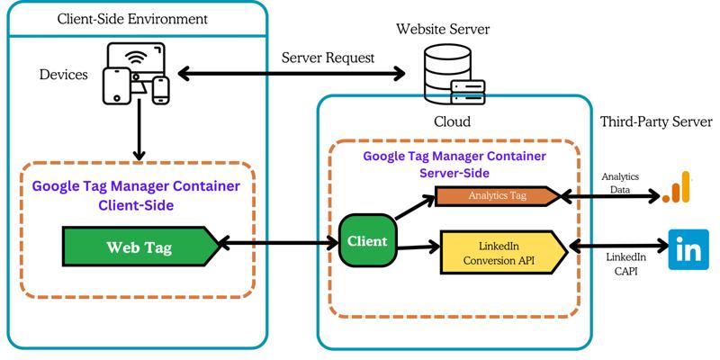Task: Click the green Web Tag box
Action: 139,246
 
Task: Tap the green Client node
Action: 367,241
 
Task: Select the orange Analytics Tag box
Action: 498,195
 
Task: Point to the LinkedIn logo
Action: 689,249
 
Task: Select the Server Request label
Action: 328,58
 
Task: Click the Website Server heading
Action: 443,30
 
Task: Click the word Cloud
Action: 452,121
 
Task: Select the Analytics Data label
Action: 621,184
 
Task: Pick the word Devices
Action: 64,74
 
